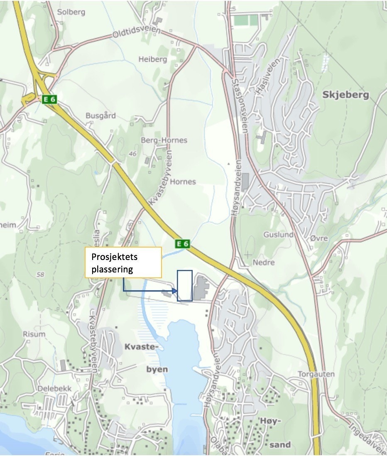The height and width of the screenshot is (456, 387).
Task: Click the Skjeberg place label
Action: [345, 95]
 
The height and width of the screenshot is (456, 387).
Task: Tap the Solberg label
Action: [71, 12]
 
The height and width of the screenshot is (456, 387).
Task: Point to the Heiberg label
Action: [152, 59]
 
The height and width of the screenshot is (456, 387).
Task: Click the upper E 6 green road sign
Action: [49, 99]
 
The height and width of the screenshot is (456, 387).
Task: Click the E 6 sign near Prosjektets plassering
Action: [182, 244]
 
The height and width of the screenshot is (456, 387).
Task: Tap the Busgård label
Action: [100, 116]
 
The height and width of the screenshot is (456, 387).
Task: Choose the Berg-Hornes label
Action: [164, 140]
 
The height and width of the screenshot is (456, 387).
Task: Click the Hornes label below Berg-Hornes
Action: [183, 182]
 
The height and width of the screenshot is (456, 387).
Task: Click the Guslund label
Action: [278, 235]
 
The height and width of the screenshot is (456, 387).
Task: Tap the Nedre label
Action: [264, 262]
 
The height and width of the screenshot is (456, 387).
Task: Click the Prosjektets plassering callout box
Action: [123, 262]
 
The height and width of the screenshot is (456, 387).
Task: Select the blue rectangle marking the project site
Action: [185, 285]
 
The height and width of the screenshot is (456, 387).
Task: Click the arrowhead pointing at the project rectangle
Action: [175, 291]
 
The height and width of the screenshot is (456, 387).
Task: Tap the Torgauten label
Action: [316, 374]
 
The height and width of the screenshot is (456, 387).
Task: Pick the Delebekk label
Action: [54, 389]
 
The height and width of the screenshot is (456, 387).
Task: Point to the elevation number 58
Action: [40, 275]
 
